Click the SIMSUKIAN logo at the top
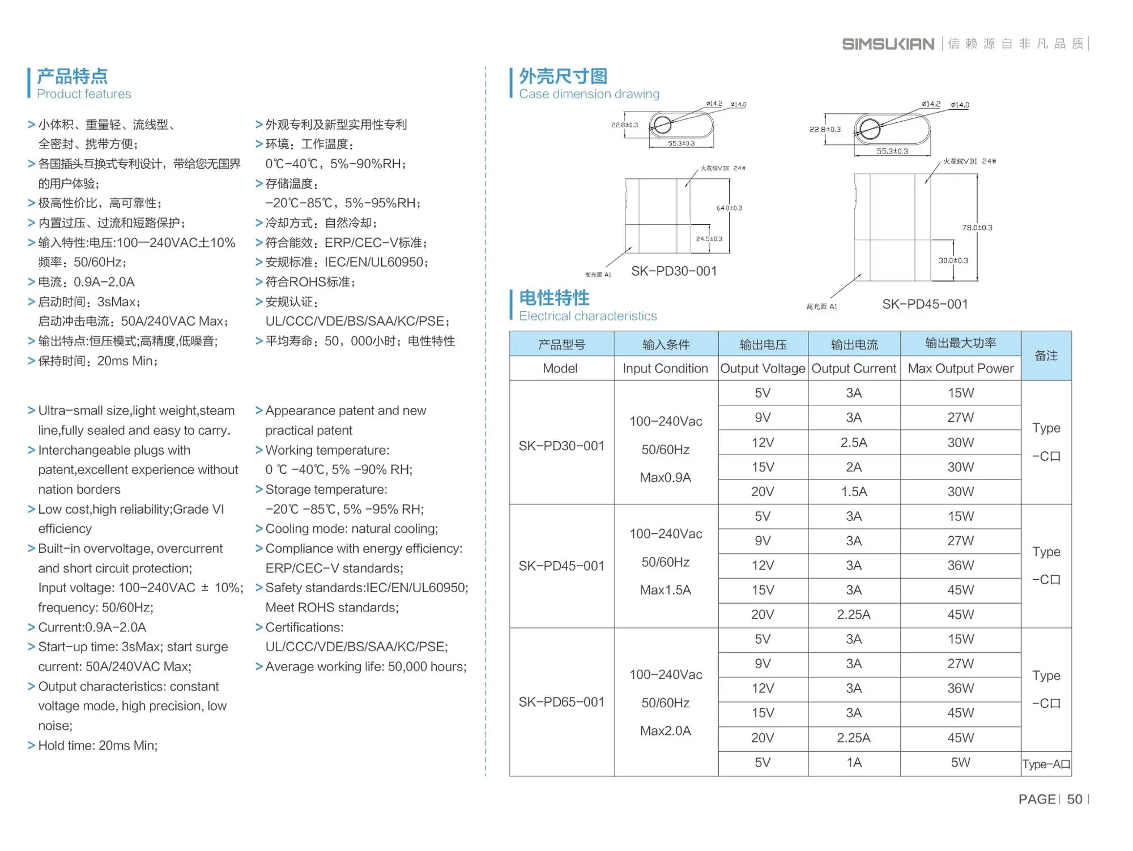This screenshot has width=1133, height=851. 888,44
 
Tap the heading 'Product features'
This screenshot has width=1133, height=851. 84,94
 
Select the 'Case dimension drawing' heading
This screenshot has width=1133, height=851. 589,94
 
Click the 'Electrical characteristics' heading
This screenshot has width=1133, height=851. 587,316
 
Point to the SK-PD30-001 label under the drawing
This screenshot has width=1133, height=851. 674,271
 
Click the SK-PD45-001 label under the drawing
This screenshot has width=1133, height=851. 925,304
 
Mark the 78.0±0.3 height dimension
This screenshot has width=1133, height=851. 977,228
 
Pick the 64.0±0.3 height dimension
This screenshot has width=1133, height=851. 729,208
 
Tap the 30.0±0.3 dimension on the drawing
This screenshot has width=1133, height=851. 953,260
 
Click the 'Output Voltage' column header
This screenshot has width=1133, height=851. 763,369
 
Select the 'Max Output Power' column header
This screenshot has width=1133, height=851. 960,369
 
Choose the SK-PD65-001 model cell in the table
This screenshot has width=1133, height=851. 561,702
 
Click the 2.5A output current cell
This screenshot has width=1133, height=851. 853,442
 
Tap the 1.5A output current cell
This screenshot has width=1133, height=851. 853,491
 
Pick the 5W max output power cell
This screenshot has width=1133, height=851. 960,763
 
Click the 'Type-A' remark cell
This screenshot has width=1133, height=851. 1046,764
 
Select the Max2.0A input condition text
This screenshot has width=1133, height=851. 665,731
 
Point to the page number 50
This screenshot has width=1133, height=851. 1074,799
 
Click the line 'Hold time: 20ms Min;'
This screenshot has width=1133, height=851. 97,746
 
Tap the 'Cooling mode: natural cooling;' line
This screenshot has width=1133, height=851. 351,529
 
